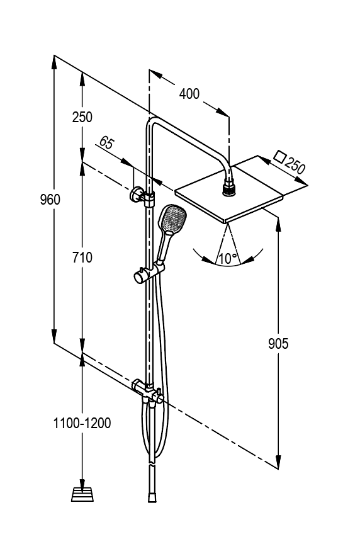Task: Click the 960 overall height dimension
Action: tap(50, 200)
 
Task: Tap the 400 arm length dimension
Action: tap(189, 94)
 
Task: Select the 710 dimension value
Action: tap(82, 258)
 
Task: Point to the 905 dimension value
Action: tap(278, 344)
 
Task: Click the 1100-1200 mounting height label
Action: tap(82, 423)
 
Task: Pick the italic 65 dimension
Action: tap(106, 142)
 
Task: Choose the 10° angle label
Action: tap(228, 258)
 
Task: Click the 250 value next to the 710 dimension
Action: tap(82, 117)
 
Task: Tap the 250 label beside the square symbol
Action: tap(295, 166)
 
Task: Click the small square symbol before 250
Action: tap(279, 156)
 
